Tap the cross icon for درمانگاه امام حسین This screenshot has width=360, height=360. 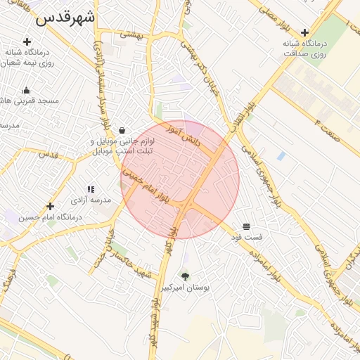[x=50, y=206]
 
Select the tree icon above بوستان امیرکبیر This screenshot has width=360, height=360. [x=186, y=276]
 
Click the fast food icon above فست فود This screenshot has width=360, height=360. [x=247, y=226]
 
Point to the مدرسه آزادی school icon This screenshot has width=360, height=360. [x=91, y=189]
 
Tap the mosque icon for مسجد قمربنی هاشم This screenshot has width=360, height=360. [x=27, y=90]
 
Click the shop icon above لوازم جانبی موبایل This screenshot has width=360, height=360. [x=123, y=130]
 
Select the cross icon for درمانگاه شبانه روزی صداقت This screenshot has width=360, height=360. [x=304, y=32]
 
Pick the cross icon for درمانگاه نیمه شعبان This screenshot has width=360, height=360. [x=27, y=41]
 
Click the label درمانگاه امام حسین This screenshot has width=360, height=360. [x=51, y=217]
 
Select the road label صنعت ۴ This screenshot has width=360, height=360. [x=327, y=130]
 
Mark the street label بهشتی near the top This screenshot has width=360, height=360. [x=131, y=33]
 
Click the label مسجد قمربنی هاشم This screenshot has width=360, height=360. [x=39, y=101]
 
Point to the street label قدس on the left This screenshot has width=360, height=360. [x=47, y=154]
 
